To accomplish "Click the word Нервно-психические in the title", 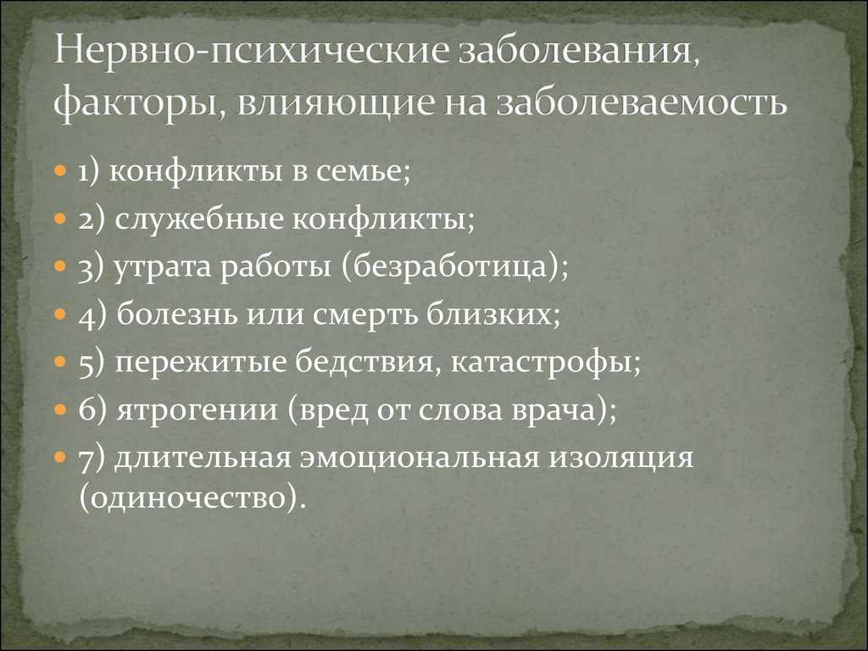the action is (x=252, y=53).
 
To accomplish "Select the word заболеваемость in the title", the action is (x=641, y=102).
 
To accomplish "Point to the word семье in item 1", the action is (x=363, y=171).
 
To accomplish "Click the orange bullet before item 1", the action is (x=61, y=171).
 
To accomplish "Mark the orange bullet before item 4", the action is (x=61, y=315).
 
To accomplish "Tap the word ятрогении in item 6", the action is (x=197, y=411).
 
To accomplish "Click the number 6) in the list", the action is (x=92, y=410).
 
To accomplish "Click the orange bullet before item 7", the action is (x=61, y=458).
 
